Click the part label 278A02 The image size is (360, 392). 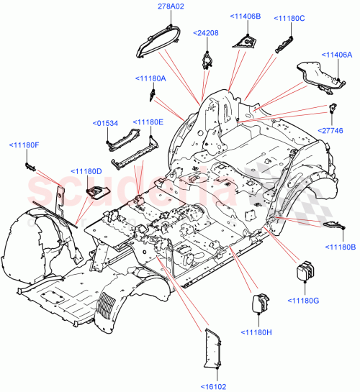pos(167,6)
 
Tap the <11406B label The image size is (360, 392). pos(245,17)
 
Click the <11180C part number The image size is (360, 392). pos(287,18)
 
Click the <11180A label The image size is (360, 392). pos(150,78)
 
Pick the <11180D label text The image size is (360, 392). pos(86,170)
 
